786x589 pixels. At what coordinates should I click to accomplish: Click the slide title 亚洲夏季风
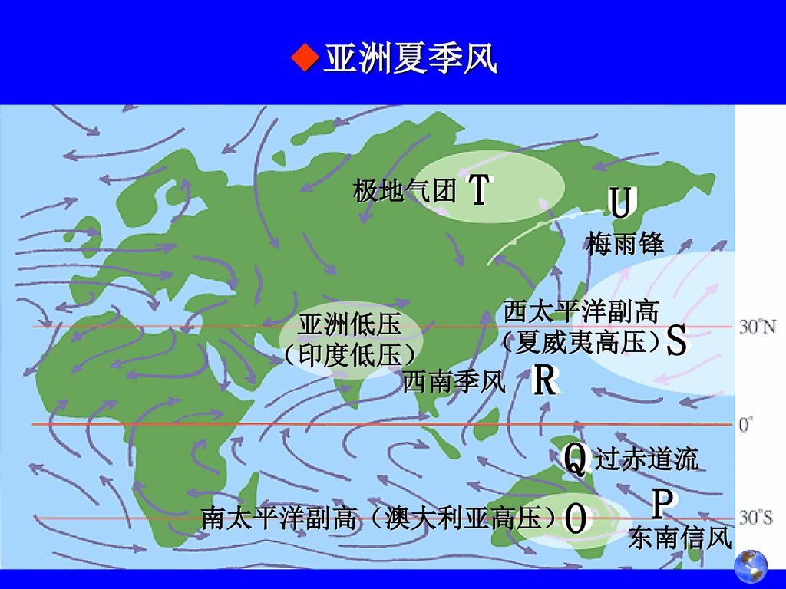[x=410, y=59]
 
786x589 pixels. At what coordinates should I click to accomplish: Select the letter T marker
[x=478, y=189]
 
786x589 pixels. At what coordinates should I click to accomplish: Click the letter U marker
[x=621, y=205]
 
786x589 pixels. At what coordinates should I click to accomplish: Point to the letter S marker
[x=676, y=341]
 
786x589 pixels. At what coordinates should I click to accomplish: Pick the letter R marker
[x=544, y=381]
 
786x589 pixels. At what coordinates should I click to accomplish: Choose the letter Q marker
[x=576, y=459]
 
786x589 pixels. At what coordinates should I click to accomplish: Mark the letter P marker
[x=663, y=504]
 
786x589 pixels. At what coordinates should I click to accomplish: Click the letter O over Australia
[x=576, y=519]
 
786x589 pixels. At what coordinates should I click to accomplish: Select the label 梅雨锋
[x=626, y=244]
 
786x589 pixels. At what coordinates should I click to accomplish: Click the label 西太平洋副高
[x=581, y=312]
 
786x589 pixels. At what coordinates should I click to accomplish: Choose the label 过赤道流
[x=647, y=459]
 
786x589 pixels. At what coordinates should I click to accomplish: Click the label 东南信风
[x=679, y=538]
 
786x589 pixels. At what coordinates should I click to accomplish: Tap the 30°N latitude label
[x=758, y=327]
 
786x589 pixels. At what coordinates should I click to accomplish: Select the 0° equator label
[x=746, y=424]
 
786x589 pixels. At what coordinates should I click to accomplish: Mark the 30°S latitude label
[x=756, y=518]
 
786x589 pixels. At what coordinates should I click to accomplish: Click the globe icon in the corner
[x=750, y=567]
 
